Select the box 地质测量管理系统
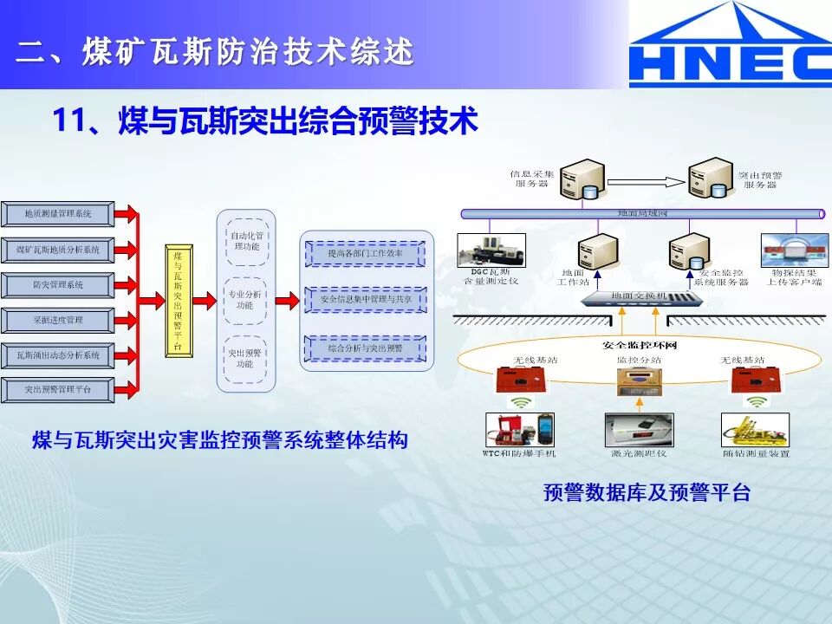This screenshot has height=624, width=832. pos(58,213)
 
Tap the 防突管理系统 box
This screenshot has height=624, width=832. pos(58,284)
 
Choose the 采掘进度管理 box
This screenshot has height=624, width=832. pos(58,320)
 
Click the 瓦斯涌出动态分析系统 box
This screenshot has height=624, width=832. pos(58,355)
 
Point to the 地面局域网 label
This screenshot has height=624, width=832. pos(642,213)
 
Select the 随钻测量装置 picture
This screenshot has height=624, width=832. pos(755,429)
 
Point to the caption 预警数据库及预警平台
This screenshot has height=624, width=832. pos(647,493)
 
